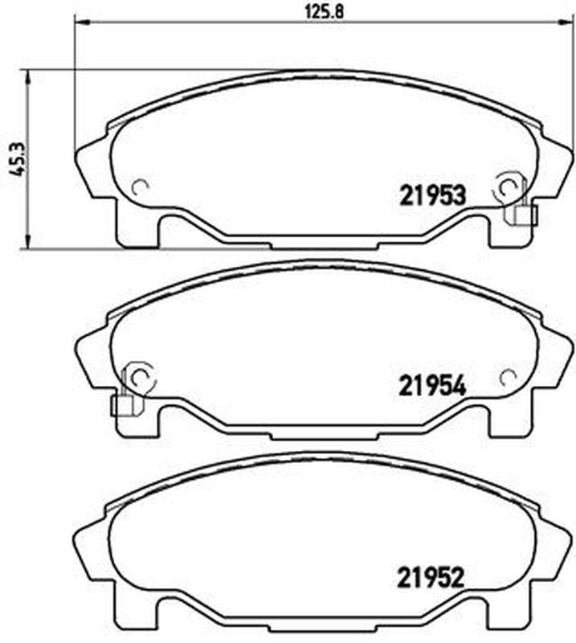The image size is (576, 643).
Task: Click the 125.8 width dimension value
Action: [x=324, y=12]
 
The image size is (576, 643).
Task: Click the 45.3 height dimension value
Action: [x=18, y=160]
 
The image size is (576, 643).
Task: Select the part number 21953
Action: [x=433, y=195]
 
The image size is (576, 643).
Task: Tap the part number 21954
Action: [x=433, y=387]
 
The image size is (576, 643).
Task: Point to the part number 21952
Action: [x=431, y=577]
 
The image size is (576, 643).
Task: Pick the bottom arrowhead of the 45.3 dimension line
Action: [x=27, y=242]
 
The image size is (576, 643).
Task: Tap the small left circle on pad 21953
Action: [x=140, y=187]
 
